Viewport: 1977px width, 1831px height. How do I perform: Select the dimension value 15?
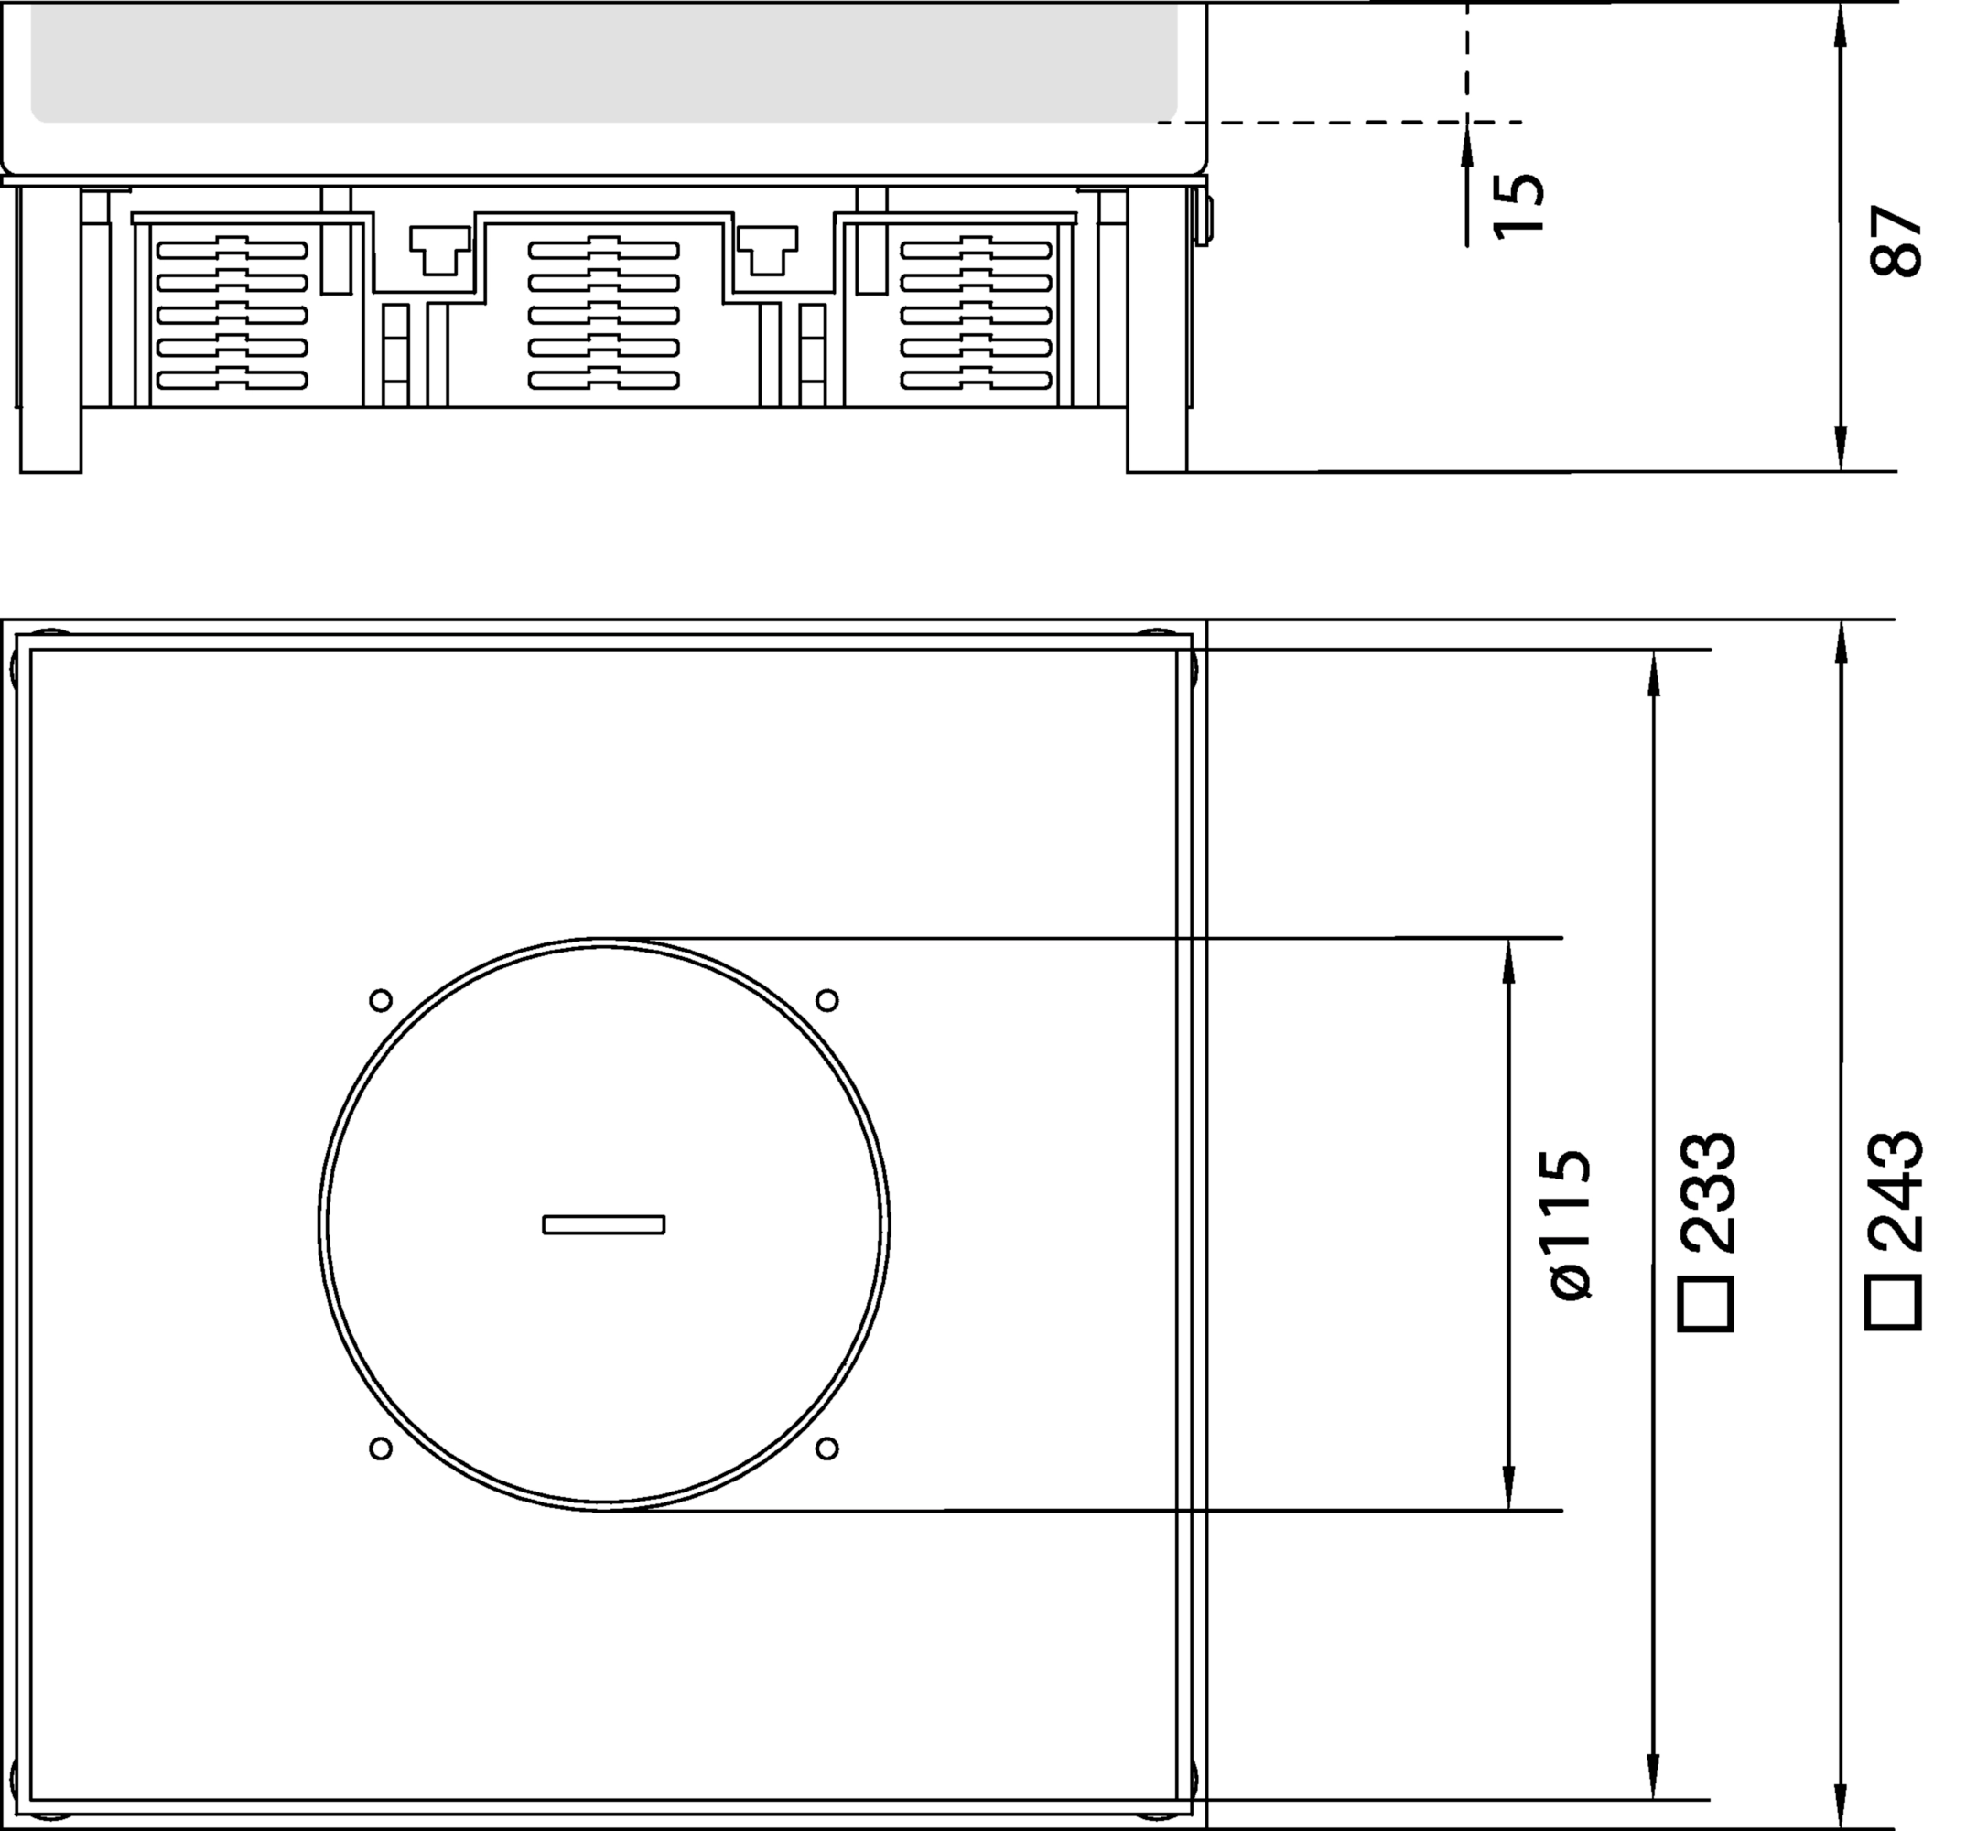[x=1518, y=204]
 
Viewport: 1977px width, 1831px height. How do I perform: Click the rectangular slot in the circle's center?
[x=603, y=1224]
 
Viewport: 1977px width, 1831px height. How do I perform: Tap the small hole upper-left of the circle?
[x=381, y=1001]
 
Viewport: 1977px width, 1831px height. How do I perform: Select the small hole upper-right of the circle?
[x=827, y=1001]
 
